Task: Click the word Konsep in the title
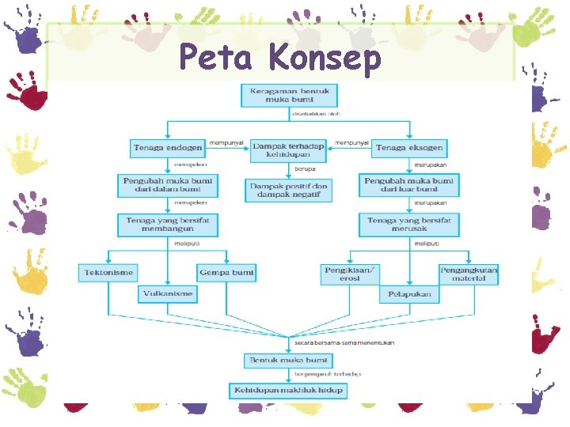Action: coord(325,58)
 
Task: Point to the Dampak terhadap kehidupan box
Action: coord(288,151)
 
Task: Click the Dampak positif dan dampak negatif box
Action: coord(288,190)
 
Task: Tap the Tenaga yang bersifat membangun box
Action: coord(167,225)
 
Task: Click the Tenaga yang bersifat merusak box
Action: coord(408,225)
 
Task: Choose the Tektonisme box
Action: coord(108,273)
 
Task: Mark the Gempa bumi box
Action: coord(226,273)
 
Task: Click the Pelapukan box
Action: coord(409,295)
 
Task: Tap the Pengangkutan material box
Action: coord(469,274)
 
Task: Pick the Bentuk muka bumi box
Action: coord(288,361)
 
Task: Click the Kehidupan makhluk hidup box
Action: coord(288,391)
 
